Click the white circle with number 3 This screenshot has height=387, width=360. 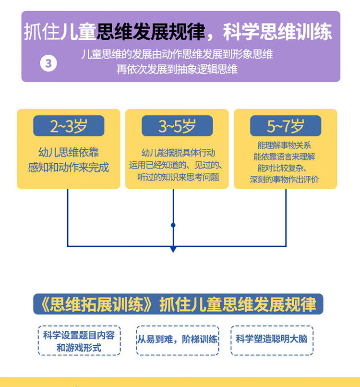[48, 63]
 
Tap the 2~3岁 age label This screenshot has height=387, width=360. [69, 126]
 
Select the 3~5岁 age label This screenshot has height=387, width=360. [177, 126]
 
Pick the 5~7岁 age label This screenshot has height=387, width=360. [286, 126]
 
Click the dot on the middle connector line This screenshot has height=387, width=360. [173, 225]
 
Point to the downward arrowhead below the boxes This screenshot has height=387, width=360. [173, 249]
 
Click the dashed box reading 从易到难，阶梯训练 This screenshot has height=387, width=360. [178, 340]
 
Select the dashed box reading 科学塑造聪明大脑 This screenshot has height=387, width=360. [272, 340]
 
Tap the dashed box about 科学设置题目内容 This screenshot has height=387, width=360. [79, 340]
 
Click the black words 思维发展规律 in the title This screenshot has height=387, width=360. [151, 32]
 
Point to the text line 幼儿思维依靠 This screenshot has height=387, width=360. [69, 152]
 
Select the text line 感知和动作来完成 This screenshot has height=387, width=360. [68, 168]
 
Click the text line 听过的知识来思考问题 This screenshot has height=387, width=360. [178, 177]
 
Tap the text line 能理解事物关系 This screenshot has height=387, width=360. [284, 145]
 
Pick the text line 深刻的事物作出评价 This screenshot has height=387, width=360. [284, 179]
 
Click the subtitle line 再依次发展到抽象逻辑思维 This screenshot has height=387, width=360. [177, 69]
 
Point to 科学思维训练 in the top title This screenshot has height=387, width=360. [277, 32]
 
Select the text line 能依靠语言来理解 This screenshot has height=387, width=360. [284, 157]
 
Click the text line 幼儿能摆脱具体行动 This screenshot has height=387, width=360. [178, 153]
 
